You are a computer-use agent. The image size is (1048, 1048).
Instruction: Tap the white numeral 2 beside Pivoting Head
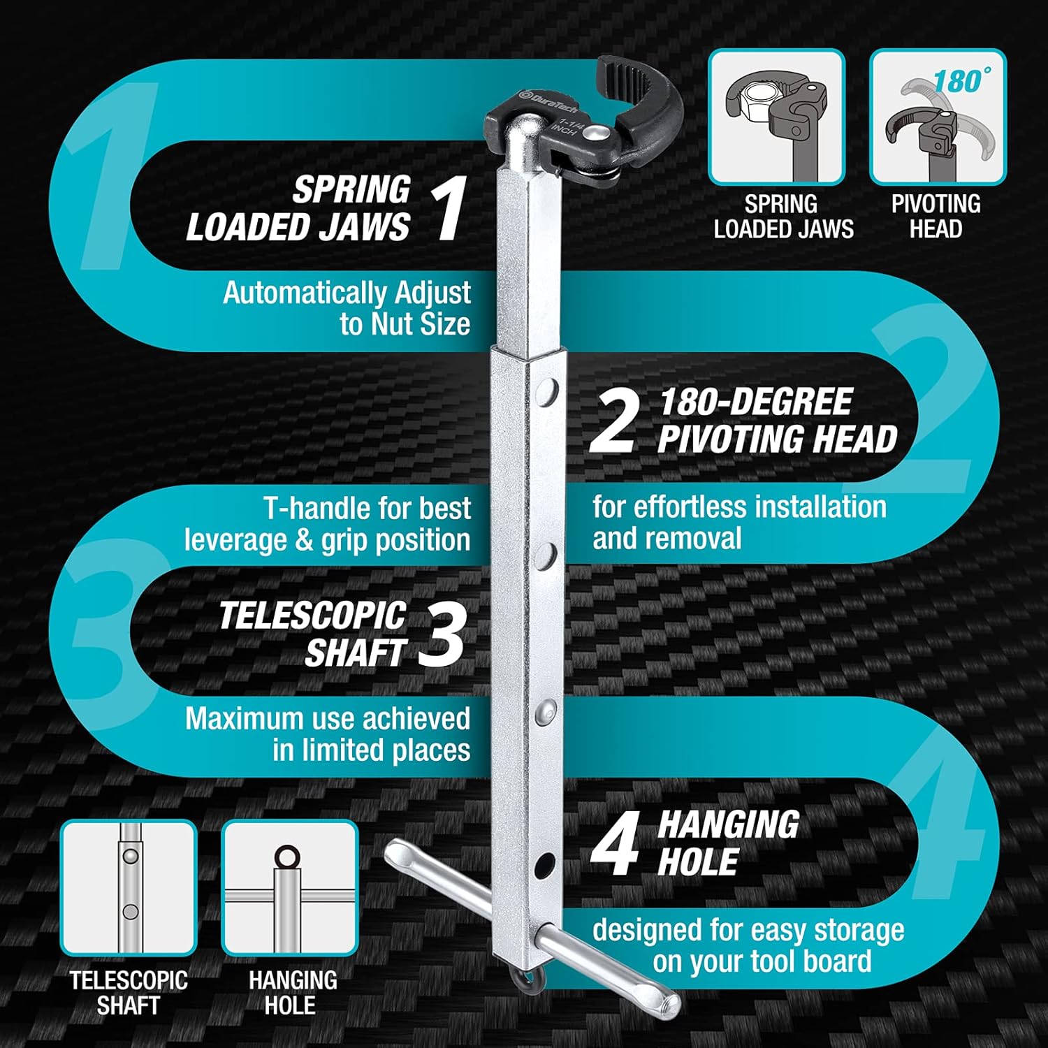[x=613, y=421]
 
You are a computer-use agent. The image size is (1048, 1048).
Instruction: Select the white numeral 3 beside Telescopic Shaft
[x=442, y=634]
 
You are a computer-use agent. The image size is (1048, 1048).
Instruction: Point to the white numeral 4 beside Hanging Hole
[x=615, y=846]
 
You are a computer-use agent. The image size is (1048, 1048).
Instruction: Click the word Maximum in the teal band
[x=245, y=719]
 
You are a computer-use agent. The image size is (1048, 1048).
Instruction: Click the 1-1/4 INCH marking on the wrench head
[x=564, y=126]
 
